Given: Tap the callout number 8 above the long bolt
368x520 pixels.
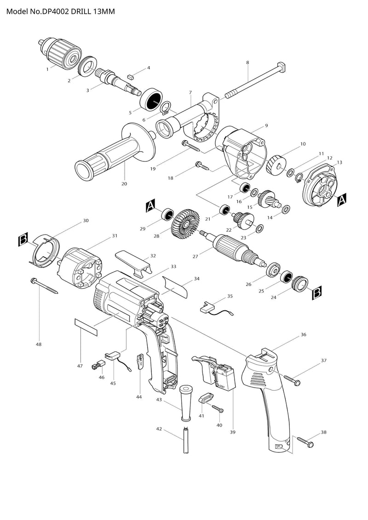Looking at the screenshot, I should pyautogui.click(x=247, y=63).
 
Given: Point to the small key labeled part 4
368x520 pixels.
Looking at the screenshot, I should pyautogui.click(x=130, y=74).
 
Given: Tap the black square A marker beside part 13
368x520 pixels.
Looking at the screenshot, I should pyautogui.click(x=342, y=200).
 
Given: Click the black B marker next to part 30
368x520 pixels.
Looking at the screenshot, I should pyautogui.click(x=23, y=239).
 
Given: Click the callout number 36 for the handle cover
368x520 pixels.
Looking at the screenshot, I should pyautogui.click(x=303, y=335).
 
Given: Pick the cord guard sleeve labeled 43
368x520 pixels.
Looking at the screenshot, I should pyautogui.click(x=186, y=400).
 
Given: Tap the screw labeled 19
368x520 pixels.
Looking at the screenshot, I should pyautogui.click(x=192, y=146).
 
